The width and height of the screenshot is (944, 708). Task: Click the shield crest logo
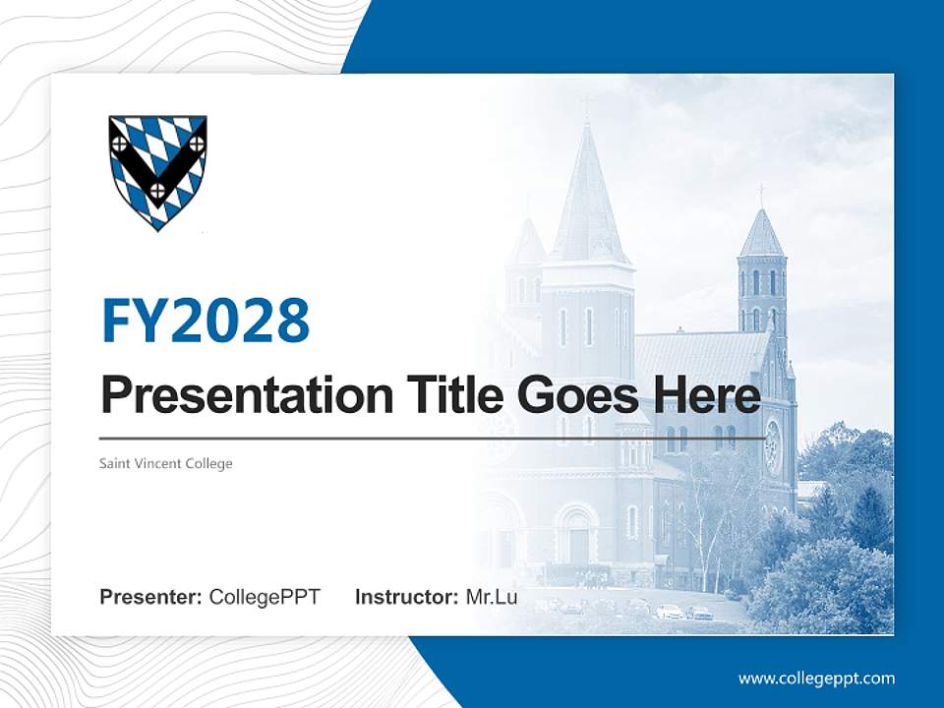click(x=157, y=170)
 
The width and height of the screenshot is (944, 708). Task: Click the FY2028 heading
click(x=206, y=321)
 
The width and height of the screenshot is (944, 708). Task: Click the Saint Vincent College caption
click(x=165, y=463)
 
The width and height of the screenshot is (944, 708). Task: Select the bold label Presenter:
click(x=150, y=597)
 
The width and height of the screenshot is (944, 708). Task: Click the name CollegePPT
click(x=265, y=597)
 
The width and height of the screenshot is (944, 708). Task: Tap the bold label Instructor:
click(x=406, y=597)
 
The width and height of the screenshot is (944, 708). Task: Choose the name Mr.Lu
click(x=491, y=597)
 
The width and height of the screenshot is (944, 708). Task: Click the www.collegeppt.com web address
click(x=816, y=678)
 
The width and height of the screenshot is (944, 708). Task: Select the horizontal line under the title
click(x=433, y=439)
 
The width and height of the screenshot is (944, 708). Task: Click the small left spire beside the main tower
click(x=526, y=246)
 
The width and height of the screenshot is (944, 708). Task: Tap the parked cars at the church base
click(x=678, y=612)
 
